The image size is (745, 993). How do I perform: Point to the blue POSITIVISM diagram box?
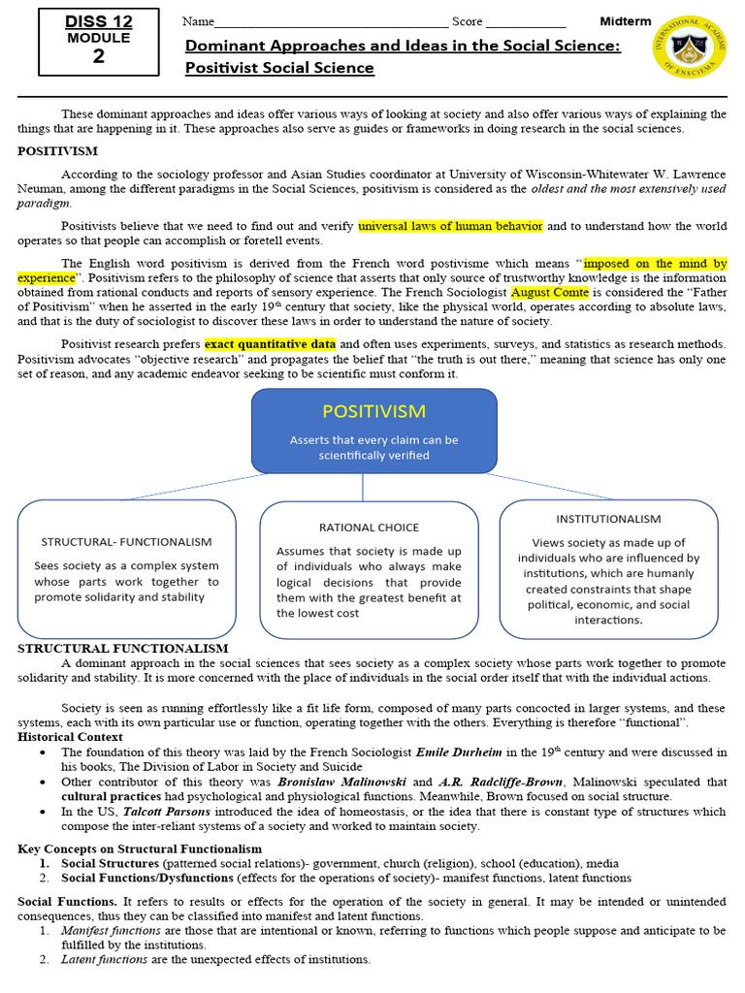[x=373, y=432]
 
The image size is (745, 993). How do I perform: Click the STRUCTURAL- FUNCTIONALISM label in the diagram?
[x=126, y=541]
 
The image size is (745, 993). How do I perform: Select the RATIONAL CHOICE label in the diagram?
[x=369, y=528]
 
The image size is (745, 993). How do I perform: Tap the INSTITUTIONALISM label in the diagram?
[x=608, y=519]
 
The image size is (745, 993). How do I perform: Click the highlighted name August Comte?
[x=549, y=292]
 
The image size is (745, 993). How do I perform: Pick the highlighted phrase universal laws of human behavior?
[x=450, y=226]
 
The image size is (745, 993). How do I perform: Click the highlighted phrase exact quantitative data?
[x=270, y=344]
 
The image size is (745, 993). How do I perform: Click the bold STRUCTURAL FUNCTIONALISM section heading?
[x=123, y=648]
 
